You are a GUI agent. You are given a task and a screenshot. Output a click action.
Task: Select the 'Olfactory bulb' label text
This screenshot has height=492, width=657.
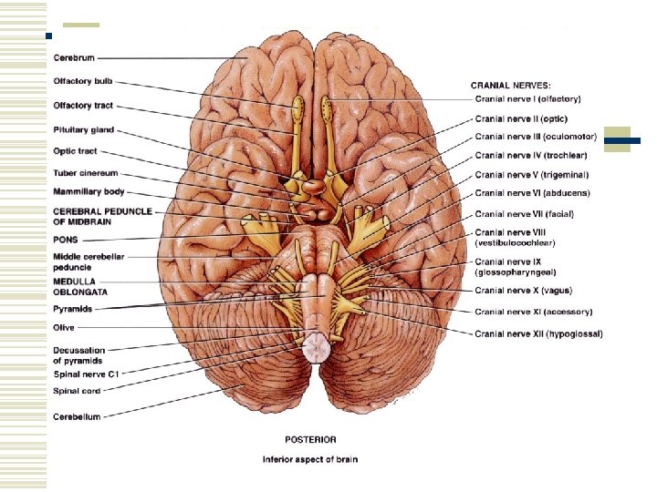point(83,81)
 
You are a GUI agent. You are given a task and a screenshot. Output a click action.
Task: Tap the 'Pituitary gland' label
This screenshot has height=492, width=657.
point(84,130)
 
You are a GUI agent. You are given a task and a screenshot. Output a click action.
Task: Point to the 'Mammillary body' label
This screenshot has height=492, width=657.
point(89,192)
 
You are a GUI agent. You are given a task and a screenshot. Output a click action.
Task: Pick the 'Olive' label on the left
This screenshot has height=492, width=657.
point(64,327)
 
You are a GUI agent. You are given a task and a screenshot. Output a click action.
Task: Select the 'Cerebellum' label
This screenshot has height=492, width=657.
point(77,416)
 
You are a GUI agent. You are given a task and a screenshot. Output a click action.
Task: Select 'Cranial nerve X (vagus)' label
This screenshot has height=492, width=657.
point(522,291)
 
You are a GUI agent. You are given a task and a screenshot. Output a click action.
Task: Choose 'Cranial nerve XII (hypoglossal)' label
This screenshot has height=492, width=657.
point(538,334)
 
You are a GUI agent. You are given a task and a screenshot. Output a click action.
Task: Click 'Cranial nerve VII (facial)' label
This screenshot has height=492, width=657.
point(524,213)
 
